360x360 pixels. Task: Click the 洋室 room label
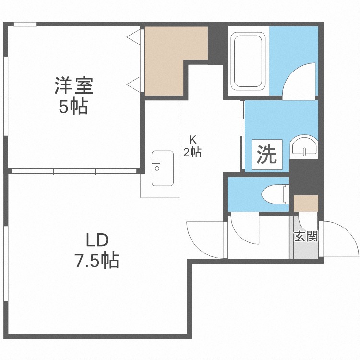pos(73,86)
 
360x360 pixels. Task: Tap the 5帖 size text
pos(73,107)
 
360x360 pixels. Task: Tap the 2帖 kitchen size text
pos(192,153)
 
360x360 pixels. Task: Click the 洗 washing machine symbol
pos(266,154)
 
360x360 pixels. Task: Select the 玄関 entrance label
pos(306,236)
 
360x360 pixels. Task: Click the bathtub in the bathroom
pos(248,60)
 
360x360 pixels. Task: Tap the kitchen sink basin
pos(162,168)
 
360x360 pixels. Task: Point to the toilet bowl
pos(276,194)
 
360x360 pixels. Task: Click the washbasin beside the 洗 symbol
pos(304,146)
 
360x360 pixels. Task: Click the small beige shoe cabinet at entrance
pos(305,204)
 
